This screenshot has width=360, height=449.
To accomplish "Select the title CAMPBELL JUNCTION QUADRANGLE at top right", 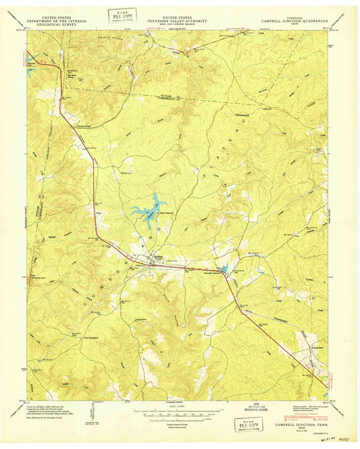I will point(295,22).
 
